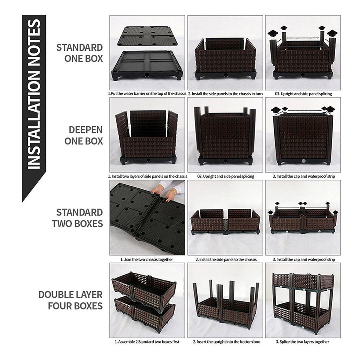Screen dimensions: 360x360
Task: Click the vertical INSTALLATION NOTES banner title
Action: click(34, 95)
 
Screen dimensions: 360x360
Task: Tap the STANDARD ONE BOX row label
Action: click(79, 53)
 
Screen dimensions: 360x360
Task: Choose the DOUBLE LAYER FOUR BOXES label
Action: click(71, 300)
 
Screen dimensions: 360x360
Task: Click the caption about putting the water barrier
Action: click(147, 94)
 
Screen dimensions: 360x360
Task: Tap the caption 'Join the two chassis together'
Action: click(147, 259)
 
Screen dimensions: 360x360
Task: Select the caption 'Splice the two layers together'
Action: click(303, 341)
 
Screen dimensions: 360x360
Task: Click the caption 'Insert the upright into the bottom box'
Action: click(225, 341)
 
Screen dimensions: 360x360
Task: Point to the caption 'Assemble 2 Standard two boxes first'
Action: click(147, 341)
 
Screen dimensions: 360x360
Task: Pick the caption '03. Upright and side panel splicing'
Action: click(303, 94)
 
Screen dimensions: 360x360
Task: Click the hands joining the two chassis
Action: click(165, 192)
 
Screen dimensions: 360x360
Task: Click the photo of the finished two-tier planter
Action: click(303, 301)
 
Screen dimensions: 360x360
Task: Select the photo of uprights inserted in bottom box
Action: click(225, 301)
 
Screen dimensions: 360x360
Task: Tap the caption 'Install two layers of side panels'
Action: click(147, 176)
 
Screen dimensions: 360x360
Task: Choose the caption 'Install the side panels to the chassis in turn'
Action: click(225, 94)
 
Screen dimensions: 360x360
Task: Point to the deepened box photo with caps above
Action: click(303, 135)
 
